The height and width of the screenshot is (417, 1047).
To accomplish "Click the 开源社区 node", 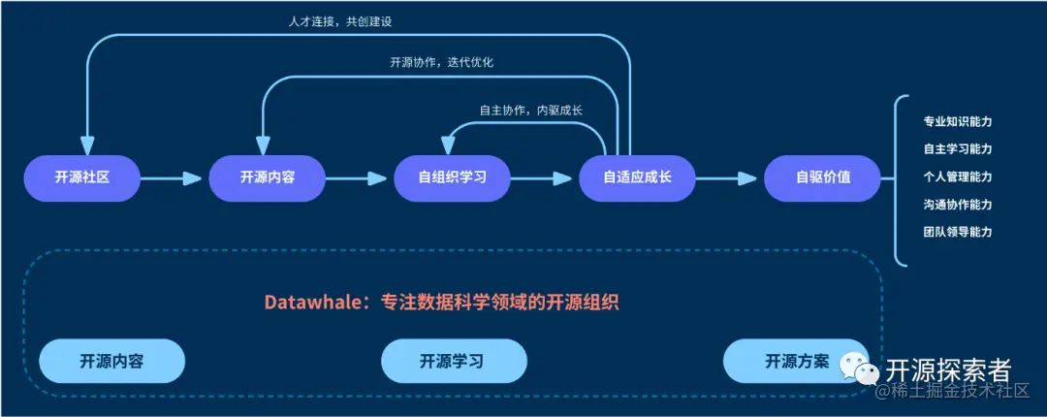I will (82, 177).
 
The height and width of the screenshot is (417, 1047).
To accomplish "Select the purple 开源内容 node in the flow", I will (268, 177).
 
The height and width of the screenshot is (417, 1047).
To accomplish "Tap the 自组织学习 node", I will (452, 177).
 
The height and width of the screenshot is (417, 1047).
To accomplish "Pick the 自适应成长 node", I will (637, 177).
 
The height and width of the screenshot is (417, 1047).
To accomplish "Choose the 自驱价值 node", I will (823, 177).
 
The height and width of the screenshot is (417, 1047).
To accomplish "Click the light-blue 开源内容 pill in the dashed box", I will (111, 362).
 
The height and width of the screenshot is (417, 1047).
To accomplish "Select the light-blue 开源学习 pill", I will (453, 362).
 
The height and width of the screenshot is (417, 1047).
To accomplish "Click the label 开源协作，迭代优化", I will (441, 62).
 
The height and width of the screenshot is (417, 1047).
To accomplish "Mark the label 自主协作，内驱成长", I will (530, 110).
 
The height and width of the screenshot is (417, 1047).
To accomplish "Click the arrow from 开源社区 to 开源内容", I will (174, 177).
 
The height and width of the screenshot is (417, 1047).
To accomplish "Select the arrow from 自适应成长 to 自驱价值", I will (729, 177).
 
